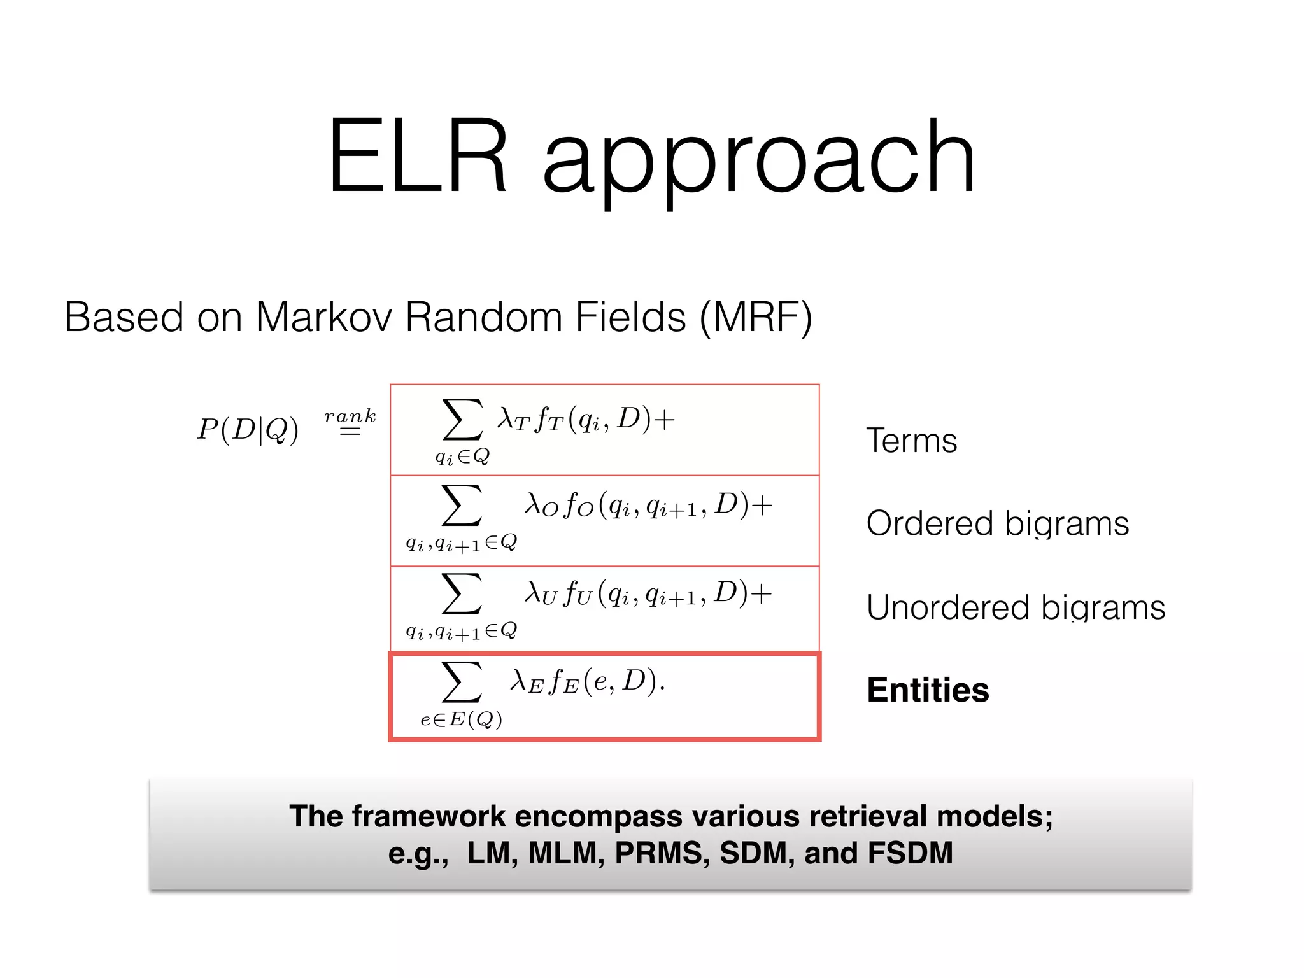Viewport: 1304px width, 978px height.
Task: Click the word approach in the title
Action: coord(759,159)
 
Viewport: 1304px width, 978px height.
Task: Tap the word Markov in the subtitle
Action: coord(323,316)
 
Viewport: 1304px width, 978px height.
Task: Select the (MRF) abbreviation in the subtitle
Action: coord(756,316)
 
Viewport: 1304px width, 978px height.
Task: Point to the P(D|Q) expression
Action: coord(248,430)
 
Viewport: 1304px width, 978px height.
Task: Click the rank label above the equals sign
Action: coord(350,416)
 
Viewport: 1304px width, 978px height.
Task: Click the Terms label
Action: coord(911,441)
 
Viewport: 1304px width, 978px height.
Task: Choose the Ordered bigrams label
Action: coord(997,524)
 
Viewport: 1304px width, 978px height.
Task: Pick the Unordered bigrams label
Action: coord(1016,607)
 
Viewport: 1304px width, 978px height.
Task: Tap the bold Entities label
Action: coord(928,690)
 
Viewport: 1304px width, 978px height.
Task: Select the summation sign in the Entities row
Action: coord(462,681)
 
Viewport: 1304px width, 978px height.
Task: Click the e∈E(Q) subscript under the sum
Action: coord(461,719)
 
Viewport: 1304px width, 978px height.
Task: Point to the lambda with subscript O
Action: coord(541,505)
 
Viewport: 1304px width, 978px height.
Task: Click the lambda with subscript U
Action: coord(541,593)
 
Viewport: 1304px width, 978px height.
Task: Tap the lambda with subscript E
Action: coord(527,682)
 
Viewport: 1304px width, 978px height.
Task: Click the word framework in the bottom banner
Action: coord(429,816)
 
